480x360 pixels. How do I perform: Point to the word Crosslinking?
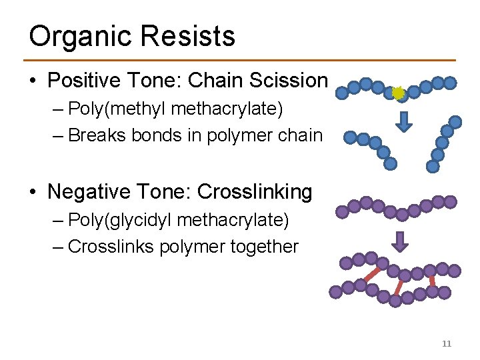pos(255,192)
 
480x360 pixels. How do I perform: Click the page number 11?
pos(447,343)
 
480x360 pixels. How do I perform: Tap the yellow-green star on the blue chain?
pos(399,93)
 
